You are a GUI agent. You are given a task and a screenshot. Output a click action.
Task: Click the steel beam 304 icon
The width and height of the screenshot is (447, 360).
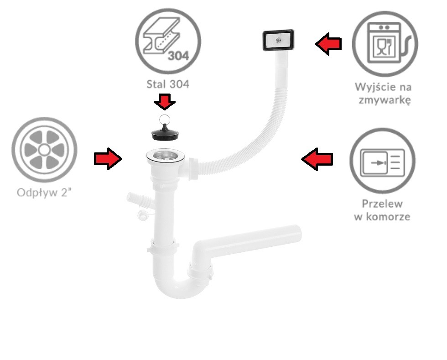168,42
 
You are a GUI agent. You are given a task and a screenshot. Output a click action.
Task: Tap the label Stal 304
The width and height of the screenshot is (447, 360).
168,84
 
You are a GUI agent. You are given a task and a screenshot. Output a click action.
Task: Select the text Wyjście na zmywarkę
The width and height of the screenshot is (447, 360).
383,93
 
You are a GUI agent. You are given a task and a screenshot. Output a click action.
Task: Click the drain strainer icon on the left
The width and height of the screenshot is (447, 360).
45,150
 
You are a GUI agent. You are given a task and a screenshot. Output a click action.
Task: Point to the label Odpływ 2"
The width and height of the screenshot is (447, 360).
44,193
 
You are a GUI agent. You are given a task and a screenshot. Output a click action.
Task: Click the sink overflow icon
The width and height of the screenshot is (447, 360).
382,161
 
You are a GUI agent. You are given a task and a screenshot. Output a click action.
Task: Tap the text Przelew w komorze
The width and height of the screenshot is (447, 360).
382,210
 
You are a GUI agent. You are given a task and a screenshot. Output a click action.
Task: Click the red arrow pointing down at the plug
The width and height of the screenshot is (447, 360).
165,101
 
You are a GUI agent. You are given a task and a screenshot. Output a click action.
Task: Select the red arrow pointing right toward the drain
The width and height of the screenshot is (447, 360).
108,159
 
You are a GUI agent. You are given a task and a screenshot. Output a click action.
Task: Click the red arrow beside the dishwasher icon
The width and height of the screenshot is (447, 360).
328,44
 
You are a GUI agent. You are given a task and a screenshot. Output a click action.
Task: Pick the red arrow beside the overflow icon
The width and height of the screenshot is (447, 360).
317,159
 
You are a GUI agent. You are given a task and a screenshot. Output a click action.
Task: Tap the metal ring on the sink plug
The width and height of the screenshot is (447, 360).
165,119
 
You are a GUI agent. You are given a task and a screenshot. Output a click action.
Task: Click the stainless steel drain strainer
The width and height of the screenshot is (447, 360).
165,156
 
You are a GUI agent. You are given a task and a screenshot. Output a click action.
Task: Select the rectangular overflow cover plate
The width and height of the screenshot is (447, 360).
278,40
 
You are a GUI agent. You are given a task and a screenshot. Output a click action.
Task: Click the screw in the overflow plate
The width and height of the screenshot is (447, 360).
278,40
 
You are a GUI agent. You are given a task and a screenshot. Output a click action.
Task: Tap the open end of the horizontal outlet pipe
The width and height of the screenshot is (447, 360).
298,234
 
